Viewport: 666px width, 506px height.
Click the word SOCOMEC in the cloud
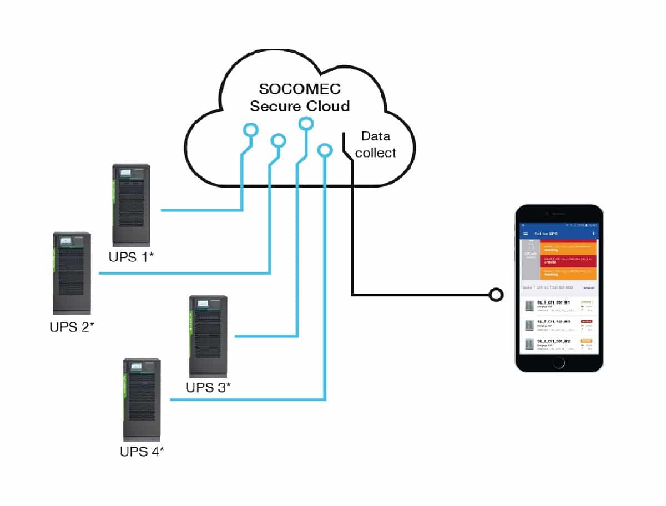point(300,89)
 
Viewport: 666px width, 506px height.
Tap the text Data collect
point(376,144)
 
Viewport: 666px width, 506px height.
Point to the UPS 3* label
point(208,387)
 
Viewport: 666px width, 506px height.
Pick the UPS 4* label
point(142,451)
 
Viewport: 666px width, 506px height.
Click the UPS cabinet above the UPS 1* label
point(132,205)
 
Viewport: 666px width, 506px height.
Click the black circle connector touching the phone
point(496,295)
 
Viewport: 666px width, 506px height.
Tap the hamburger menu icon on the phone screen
point(526,234)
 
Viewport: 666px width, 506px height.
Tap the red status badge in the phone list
point(586,321)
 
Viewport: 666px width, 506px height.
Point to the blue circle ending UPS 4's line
point(325,150)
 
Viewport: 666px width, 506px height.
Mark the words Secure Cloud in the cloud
point(300,106)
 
